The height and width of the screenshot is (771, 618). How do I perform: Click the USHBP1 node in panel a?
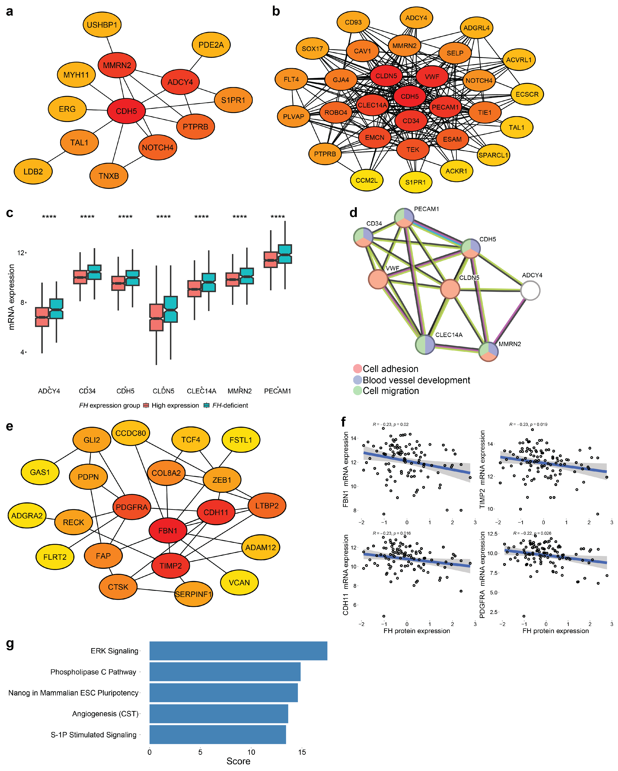click(102, 25)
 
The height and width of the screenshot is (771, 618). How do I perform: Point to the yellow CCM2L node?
click(366, 180)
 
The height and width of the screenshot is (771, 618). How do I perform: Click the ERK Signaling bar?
click(238, 651)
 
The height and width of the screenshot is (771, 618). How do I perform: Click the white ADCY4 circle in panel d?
click(530, 290)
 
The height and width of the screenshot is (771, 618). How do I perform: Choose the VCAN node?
click(239, 583)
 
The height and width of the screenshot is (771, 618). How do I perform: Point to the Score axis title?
click(238, 761)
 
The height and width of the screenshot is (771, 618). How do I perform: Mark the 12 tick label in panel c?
click(21, 253)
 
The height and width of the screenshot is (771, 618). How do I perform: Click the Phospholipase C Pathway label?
click(93, 672)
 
